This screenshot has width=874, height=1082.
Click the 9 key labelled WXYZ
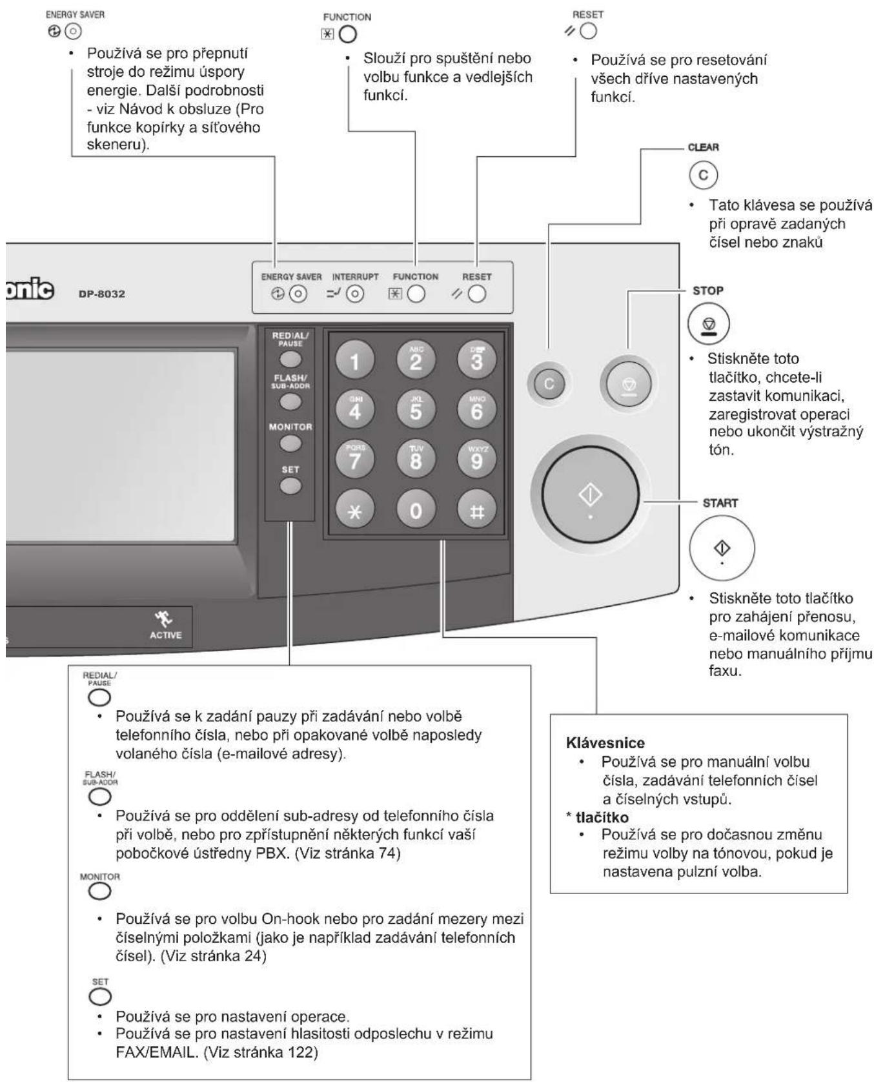click(476, 459)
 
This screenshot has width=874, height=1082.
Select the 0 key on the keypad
click(416, 510)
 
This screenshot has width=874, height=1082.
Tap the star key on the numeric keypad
click(355, 510)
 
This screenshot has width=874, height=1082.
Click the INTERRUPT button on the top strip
click(355, 294)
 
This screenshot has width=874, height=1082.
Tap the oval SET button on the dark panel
click(290, 485)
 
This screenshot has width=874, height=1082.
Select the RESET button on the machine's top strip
click(477, 294)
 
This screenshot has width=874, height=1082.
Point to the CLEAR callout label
click(704, 147)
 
